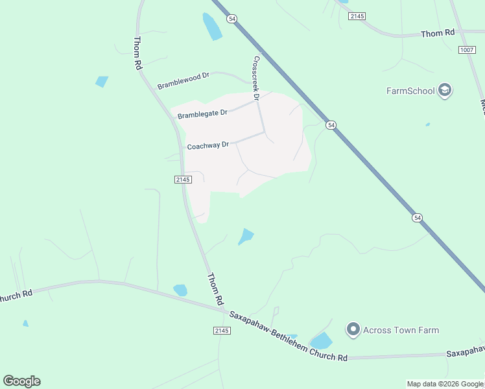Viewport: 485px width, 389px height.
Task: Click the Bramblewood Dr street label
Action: pyautogui.click(x=183, y=81)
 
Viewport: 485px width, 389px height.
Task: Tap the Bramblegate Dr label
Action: pyautogui.click(x=202, y=114)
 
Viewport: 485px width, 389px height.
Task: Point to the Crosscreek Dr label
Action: pyautogui.click(x=256, y=78)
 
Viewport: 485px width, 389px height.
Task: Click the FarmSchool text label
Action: pyautogui.click(x=410, y=91)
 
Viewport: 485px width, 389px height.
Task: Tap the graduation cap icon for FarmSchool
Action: pyautogui.click(x=445, y=90)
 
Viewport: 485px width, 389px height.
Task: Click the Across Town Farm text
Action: pyautogui.click(x=401, y=330)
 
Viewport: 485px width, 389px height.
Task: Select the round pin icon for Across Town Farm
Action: pyautogui.click(x=353, y=330)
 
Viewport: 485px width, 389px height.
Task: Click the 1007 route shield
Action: pyautogui.click(x=466, y=50)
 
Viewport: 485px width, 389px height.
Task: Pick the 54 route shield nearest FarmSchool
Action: pyautogui.click(x=331, y=125)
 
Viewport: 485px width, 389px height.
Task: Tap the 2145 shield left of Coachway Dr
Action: pyautogui.click(x=183, y=180)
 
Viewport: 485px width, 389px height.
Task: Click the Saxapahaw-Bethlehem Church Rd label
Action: pyautogui.click(x=288, y=336)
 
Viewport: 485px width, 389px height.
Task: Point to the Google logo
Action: pyautogui.click(x=21, y=381)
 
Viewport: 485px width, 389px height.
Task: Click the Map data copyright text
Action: pyautogui.click(x=445, y=384)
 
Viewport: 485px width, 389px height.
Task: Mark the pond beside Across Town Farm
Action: pyautogui.click(x=321, y=341)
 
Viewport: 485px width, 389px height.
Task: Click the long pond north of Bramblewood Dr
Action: pyautogui.click(x=212, y=27)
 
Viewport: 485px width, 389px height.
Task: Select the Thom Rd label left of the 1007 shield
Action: pyautogui.click(x=438, y=33)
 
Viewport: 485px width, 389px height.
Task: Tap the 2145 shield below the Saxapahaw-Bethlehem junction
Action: pyautogui.click(x=221, y=331)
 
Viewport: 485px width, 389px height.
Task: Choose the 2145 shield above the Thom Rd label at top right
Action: pyautogui.click(x=357, y=16)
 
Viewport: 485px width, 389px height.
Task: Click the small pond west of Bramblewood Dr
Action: pyautogui.click(x=102, y=82)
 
